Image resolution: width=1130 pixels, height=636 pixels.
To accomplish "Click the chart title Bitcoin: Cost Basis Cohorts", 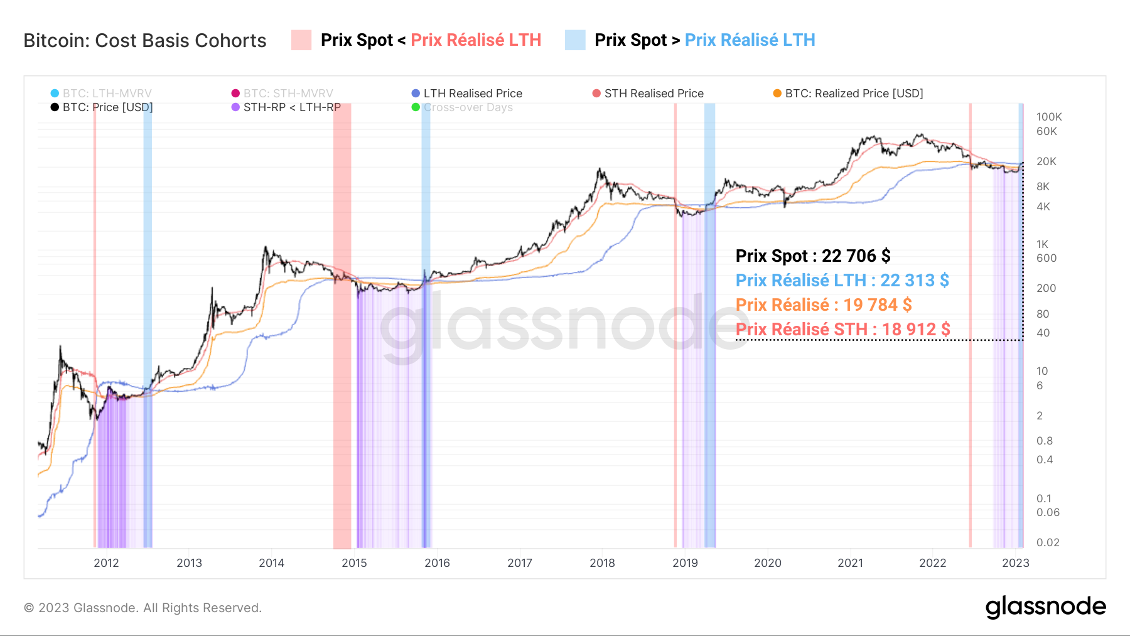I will (x=145, y=41).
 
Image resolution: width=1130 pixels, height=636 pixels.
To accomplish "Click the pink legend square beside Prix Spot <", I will (x=301, y=40).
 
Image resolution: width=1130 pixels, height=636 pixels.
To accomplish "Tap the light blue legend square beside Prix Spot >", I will (x=575, y=40).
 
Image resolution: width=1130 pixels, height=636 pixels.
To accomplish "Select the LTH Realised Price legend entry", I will (x=467, y=94).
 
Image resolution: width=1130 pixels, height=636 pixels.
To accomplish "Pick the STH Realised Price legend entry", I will (x=648, y=94).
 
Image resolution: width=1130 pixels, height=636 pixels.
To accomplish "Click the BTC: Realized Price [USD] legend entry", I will (x=848, y=94).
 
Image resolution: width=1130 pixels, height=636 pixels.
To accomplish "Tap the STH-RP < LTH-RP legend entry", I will (x=286, y=107).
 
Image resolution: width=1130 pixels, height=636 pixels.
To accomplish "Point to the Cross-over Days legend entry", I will (x=462, y=107).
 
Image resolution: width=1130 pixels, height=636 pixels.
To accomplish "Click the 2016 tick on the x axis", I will (x=437, y=563).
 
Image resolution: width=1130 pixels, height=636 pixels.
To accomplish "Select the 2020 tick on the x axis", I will (x=768, y=563).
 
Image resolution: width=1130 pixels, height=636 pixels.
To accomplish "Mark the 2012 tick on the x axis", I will (x=106, y=563).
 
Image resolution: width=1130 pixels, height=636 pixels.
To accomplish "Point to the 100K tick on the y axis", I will (x=1048, y=117).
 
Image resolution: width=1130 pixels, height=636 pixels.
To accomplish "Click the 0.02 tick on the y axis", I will (x=1047, y=542).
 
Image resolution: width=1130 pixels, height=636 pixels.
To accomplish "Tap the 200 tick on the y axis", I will (x=1046, y=288).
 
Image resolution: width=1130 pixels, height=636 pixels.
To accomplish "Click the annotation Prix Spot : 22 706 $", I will (x=813, y=256).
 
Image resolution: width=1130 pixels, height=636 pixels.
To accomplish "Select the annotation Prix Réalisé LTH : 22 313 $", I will (x=842, y=281).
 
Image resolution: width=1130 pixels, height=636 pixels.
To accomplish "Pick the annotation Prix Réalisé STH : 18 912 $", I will (x=842, y=330).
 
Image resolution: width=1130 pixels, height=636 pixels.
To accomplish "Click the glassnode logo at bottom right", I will (x=1045, y=607).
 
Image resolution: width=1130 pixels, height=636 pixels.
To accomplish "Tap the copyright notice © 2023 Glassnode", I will (x=143, y=608).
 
